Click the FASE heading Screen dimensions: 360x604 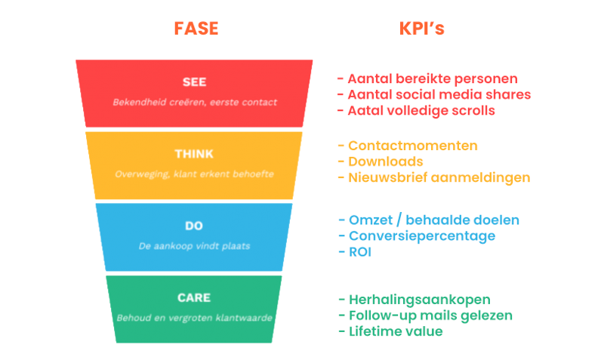tap(196, 29)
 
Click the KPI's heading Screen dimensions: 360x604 tap(421, 29)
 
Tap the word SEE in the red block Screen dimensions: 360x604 tap(194, 82)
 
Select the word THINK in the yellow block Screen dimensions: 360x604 tap(194, 154)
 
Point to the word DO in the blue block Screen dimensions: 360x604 tap(194, 226)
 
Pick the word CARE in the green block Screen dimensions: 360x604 tap(194, 297)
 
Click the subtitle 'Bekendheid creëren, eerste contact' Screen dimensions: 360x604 tap(195, 102)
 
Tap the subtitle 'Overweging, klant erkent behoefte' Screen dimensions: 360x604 tap(194, 174)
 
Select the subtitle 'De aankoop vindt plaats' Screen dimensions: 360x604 tap(194, 245)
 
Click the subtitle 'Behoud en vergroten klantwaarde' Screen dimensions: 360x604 tap(194, 317)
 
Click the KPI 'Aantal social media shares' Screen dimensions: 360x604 tap(433, 94)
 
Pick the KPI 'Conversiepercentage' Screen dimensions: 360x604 tap(417, 235)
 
